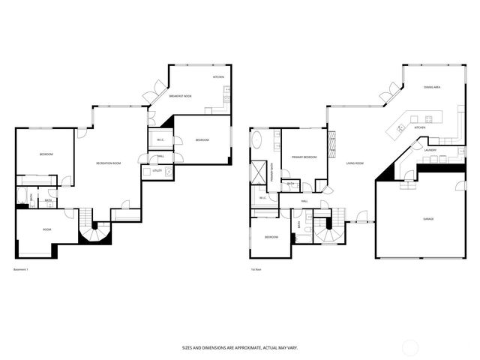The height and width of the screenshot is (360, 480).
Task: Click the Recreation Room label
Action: (109, 163)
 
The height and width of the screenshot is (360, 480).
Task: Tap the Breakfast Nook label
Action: (181, 97)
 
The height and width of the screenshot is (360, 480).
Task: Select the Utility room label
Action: (157, 171)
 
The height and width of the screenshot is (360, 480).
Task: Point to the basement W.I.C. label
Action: (160, 140)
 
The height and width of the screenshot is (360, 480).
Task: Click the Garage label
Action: (428, 218)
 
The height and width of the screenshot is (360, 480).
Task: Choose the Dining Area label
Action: (431, 88)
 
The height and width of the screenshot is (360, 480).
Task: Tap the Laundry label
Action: (430, 150)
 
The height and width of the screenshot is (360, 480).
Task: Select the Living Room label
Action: (355, 163)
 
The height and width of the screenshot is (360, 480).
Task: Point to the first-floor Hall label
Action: (304, 201)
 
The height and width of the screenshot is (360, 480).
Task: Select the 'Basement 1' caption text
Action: (21, 270)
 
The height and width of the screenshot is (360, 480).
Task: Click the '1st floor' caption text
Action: (256, 270)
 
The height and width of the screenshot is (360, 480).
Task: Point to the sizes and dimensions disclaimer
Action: (239, 348)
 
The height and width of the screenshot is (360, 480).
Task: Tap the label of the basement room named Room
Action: (46, 229)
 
